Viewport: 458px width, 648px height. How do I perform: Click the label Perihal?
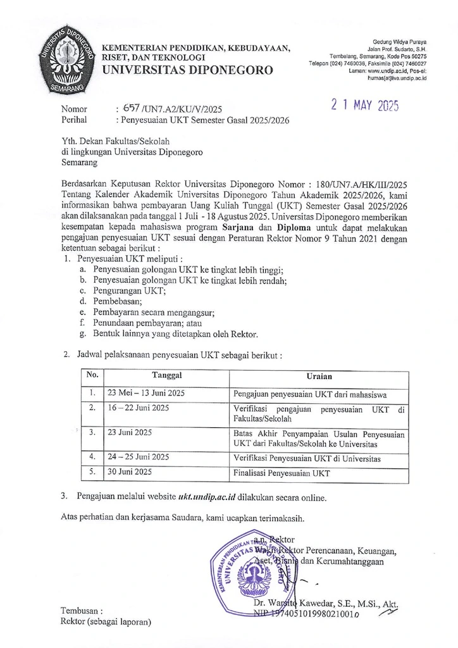[74, 120]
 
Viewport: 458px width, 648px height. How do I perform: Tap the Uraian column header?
[319, 376]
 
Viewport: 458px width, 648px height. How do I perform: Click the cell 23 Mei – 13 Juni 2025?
[146, 393]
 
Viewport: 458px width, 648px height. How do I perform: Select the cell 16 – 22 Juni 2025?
[139, 408]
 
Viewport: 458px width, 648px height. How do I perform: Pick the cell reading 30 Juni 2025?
[130, 472]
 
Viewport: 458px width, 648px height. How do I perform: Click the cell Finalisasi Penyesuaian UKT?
[282, 473]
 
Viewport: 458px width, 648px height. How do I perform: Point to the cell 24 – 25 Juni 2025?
[139, 456]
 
